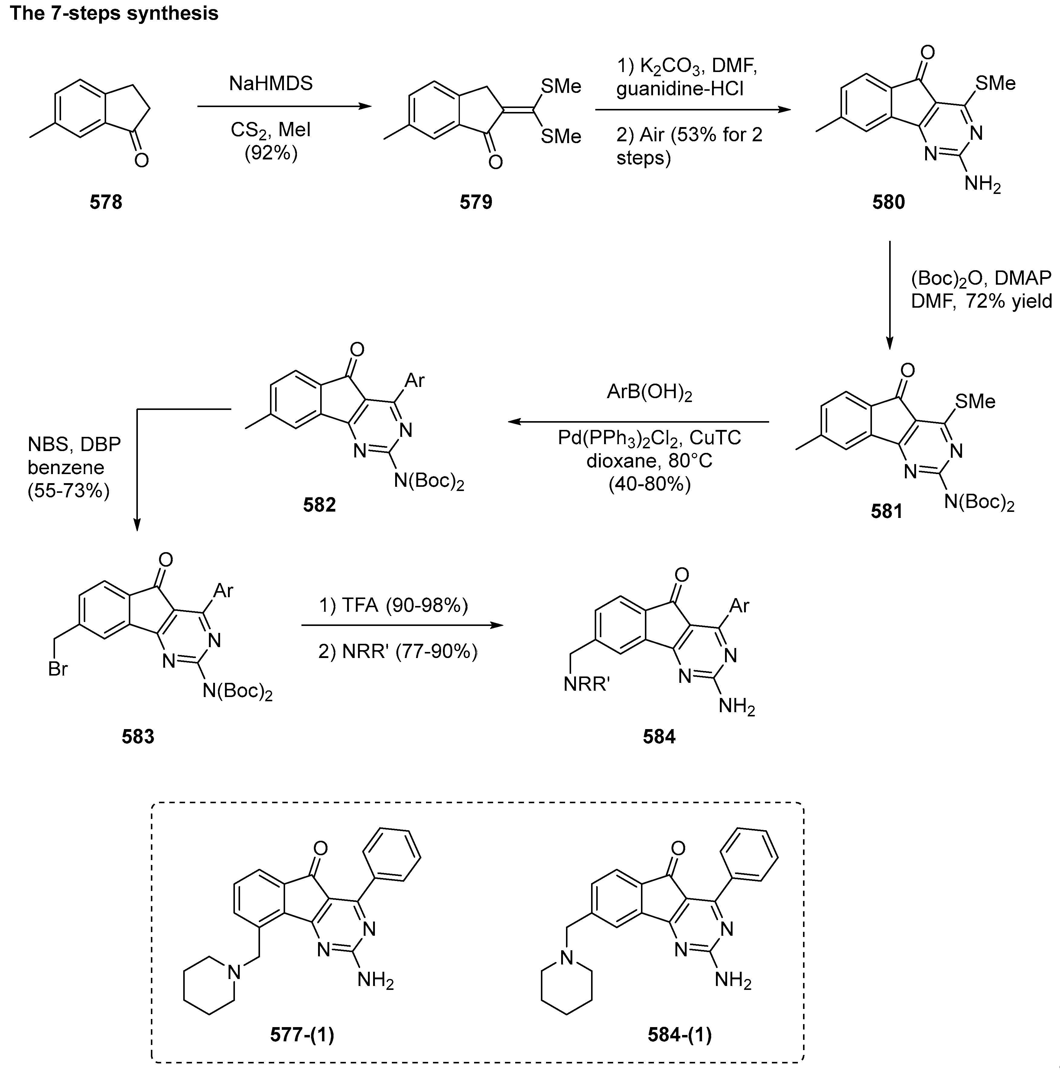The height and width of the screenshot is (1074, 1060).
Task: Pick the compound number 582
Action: tap(320, 505)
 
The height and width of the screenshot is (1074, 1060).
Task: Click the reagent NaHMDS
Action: tap(271, 84)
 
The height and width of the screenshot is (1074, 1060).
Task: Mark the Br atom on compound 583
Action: tap(58, 669)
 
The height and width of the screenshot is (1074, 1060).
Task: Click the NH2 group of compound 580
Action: tap(982, 183)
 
